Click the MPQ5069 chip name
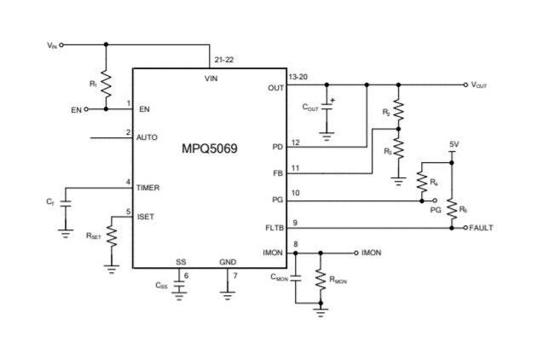[210, 148]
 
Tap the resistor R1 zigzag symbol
[105, 84]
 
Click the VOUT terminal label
[480, 84]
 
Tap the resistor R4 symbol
[421, 181]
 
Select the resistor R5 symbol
[452, 207]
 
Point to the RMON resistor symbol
[320, 282]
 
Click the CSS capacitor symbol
[179, 288]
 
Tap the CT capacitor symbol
[66, 202]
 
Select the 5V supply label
[454, 145]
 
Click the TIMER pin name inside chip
[147, 188]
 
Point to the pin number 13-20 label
[298, 77]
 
